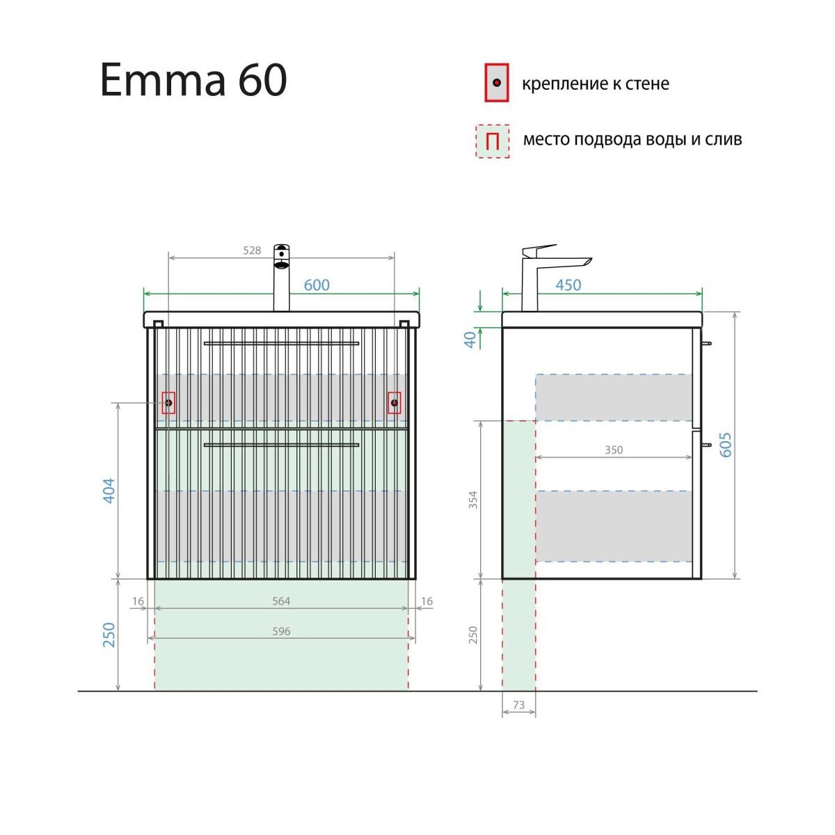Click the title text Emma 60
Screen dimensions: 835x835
pos(193,80)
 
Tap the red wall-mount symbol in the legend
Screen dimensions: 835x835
pos(496,83)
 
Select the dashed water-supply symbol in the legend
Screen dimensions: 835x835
pos(493,141)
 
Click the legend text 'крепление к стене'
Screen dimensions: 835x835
pos(595,84)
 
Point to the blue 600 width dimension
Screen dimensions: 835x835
pos(317,285)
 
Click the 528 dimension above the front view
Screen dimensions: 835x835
pos(252,250)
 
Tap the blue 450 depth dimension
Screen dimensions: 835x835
pos(568,285)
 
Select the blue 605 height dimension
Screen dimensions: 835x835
pos(726,445)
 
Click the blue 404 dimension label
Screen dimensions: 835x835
pos(109,491)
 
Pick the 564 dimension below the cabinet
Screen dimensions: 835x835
pos(281,601)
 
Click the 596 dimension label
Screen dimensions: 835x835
pos(281,632)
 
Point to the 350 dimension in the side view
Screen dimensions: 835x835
pos(614,450)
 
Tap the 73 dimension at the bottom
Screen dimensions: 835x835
pos(518,705)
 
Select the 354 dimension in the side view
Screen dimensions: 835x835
pos(473,500)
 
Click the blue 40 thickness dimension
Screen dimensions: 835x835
pos(471,340)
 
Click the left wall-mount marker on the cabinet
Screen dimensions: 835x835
pos(168,403)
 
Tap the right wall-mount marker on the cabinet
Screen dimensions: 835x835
pos(395,403)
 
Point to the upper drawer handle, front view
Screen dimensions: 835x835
pos(281,343)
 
